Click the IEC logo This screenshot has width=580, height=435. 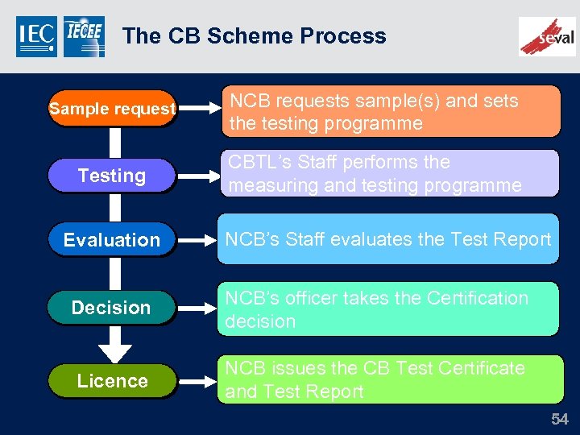[36, 37]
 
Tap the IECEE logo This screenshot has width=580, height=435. [84, 37]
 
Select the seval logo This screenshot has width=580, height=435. [547, 36]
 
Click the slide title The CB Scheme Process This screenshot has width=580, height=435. [254, 36]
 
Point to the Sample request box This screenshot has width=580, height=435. [112, 109]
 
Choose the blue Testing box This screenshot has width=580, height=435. [112, 176]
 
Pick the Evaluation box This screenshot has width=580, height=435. [112, 240]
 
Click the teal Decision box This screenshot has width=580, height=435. [112, 308]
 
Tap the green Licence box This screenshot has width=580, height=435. [112, 381]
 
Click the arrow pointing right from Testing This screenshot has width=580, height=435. [196, 176]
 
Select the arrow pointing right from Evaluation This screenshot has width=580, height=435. [196, 240]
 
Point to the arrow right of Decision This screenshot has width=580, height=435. [196, 308]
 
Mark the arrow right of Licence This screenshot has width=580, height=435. [196, 381]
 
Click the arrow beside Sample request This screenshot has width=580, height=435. [196, 109]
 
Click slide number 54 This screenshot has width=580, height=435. [559, 419]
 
